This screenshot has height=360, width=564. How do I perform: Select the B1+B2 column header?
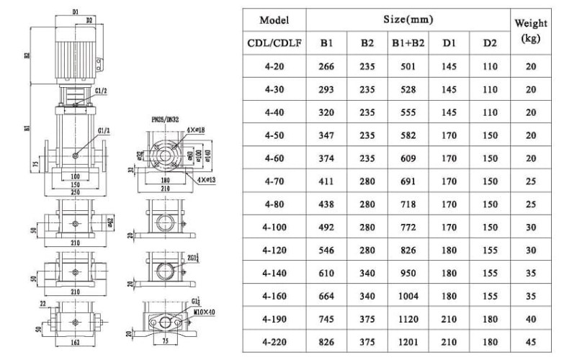pyautogui.click(x=408, y=42)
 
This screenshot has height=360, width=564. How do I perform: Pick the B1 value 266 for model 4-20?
pyautogui.click(x=326, y=66)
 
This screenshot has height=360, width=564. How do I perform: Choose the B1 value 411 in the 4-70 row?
pyautogui.click(x=326, y=182)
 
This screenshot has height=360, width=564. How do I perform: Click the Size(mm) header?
pyautogui.click(x=408, y=19)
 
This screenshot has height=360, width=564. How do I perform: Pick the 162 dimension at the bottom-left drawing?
pyautogui.click(x=76, y=344)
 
